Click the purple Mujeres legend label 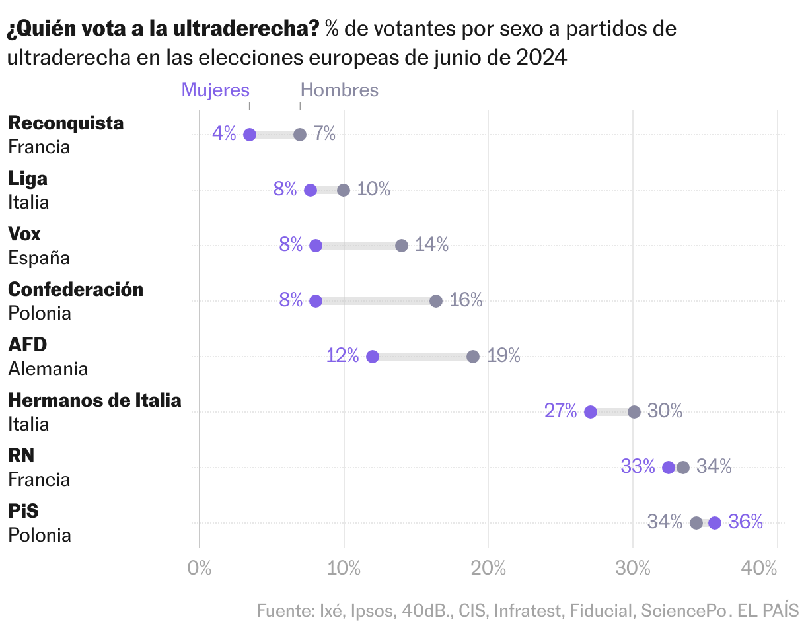pyautogui.click(x=215, y=90)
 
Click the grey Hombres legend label pyautogui.click(x=340, y=90)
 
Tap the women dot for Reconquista pyautogui.click(x=250, y=135)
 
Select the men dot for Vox pyautogui.click(x=402, y=246)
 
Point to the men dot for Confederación pyautogui.click(x=436, y=301)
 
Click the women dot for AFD pyautogui.click(x=373, y=357)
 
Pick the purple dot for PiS pyautogui.click(x=715, y=523)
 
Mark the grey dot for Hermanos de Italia pyautogui.click(x=634, y=412)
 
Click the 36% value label pyautogui.click(x=745, y=522)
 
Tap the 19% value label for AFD pyautogui.click(x=503, y=356)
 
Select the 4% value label pyautogui.click(x=224, y=134)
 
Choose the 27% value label pyautogui.click(x=561, y=411)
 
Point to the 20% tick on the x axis pyautogui.click(x=488, y=567)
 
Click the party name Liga pyautogui.click(x=28, y=178)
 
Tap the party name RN pyautogui.click(x=21, y=456)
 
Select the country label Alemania pyautogui.click(x=48, y=368)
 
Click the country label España pyautogui.click(x=39, y=258)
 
